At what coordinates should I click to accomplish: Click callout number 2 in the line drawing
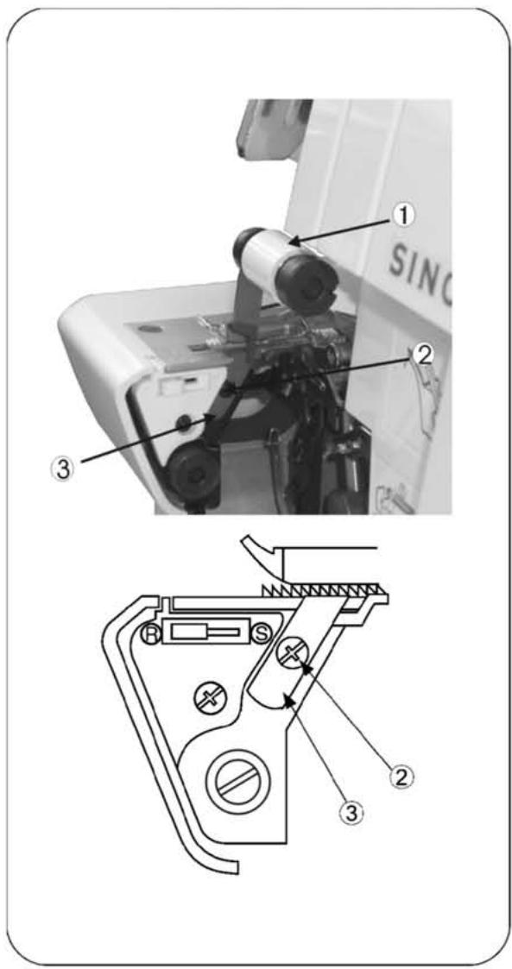(399, 775)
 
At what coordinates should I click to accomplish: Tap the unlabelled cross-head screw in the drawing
(207, 695)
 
